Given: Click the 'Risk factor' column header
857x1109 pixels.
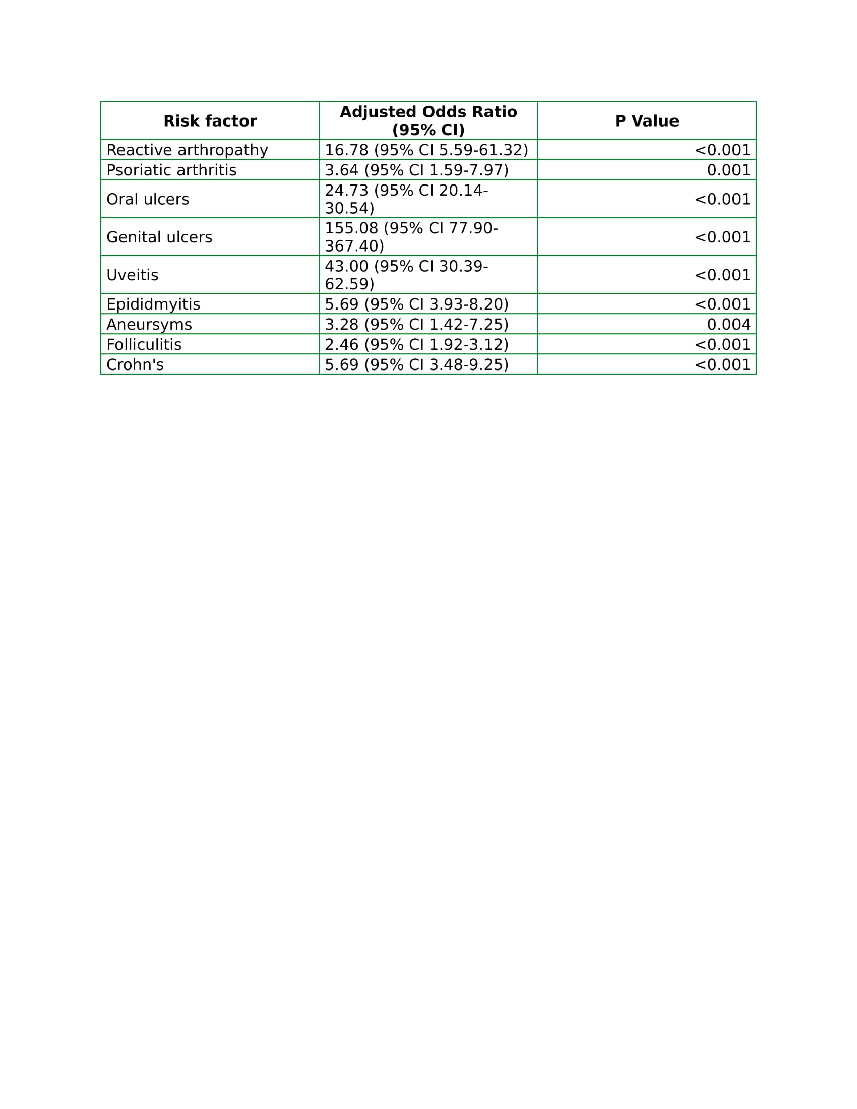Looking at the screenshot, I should point(210,121).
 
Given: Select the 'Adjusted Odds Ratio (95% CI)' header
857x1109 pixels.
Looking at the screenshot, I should point(428,121).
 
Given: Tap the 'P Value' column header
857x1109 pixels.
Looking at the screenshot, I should point(646,121).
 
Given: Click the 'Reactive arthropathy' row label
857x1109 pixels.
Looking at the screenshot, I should point(187,150).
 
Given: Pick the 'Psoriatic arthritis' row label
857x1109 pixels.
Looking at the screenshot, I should point(171,170).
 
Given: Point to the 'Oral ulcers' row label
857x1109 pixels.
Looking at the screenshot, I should point(147,199).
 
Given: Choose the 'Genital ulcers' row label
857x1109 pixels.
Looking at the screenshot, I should point(159,237).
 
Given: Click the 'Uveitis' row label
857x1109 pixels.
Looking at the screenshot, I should point(132,275).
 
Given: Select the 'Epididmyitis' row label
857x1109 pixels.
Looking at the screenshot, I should point(153,304).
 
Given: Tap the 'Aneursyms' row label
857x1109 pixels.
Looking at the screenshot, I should point(149,325).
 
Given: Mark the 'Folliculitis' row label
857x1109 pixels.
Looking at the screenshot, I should point(144,345).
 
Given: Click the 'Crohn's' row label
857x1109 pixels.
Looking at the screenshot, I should point(135,365).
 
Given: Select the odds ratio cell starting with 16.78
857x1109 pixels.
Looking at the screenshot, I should point(426,150).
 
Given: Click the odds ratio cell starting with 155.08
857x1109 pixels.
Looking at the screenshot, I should point(411,237).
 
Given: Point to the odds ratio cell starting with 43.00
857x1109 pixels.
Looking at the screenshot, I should point(406,275).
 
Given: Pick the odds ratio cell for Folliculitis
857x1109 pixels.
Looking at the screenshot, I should point(416,345).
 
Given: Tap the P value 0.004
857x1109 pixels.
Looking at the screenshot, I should point(728,325).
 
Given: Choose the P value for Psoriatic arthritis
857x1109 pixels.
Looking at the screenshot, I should point(728,170).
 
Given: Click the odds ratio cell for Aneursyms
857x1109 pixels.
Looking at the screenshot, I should point(416,325).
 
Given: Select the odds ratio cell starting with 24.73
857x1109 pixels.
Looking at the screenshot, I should point(406,199).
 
